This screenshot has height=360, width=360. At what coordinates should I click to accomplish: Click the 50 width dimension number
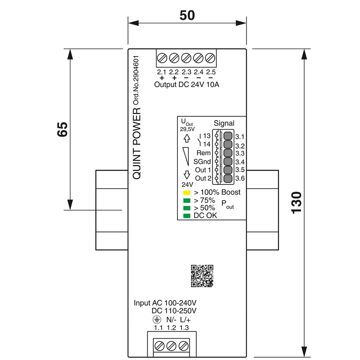point(187,15)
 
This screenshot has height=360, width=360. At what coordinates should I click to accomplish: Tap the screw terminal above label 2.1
point(162,58)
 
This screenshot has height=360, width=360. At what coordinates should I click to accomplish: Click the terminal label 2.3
point(186,72)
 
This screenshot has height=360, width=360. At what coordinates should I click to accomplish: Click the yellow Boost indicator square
point(186,193)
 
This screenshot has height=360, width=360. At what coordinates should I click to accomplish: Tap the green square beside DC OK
point(186,216)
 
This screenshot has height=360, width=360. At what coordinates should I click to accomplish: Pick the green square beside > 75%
point(186,201)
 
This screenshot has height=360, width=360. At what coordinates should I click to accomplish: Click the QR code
point(202,275)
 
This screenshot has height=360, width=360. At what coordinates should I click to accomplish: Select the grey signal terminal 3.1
point(228,136)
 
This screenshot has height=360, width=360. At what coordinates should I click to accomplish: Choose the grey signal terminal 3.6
point(228,178)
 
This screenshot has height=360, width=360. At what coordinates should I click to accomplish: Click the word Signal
point(224,123)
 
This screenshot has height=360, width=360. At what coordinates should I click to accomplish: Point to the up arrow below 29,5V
point(186,138)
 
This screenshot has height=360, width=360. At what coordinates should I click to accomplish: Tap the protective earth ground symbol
point(156,320)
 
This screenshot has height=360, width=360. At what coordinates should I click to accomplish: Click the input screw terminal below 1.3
point(184,346)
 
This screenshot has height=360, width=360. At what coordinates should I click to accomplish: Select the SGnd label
point(202,162)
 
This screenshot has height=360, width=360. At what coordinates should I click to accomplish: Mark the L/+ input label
point(185,320)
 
